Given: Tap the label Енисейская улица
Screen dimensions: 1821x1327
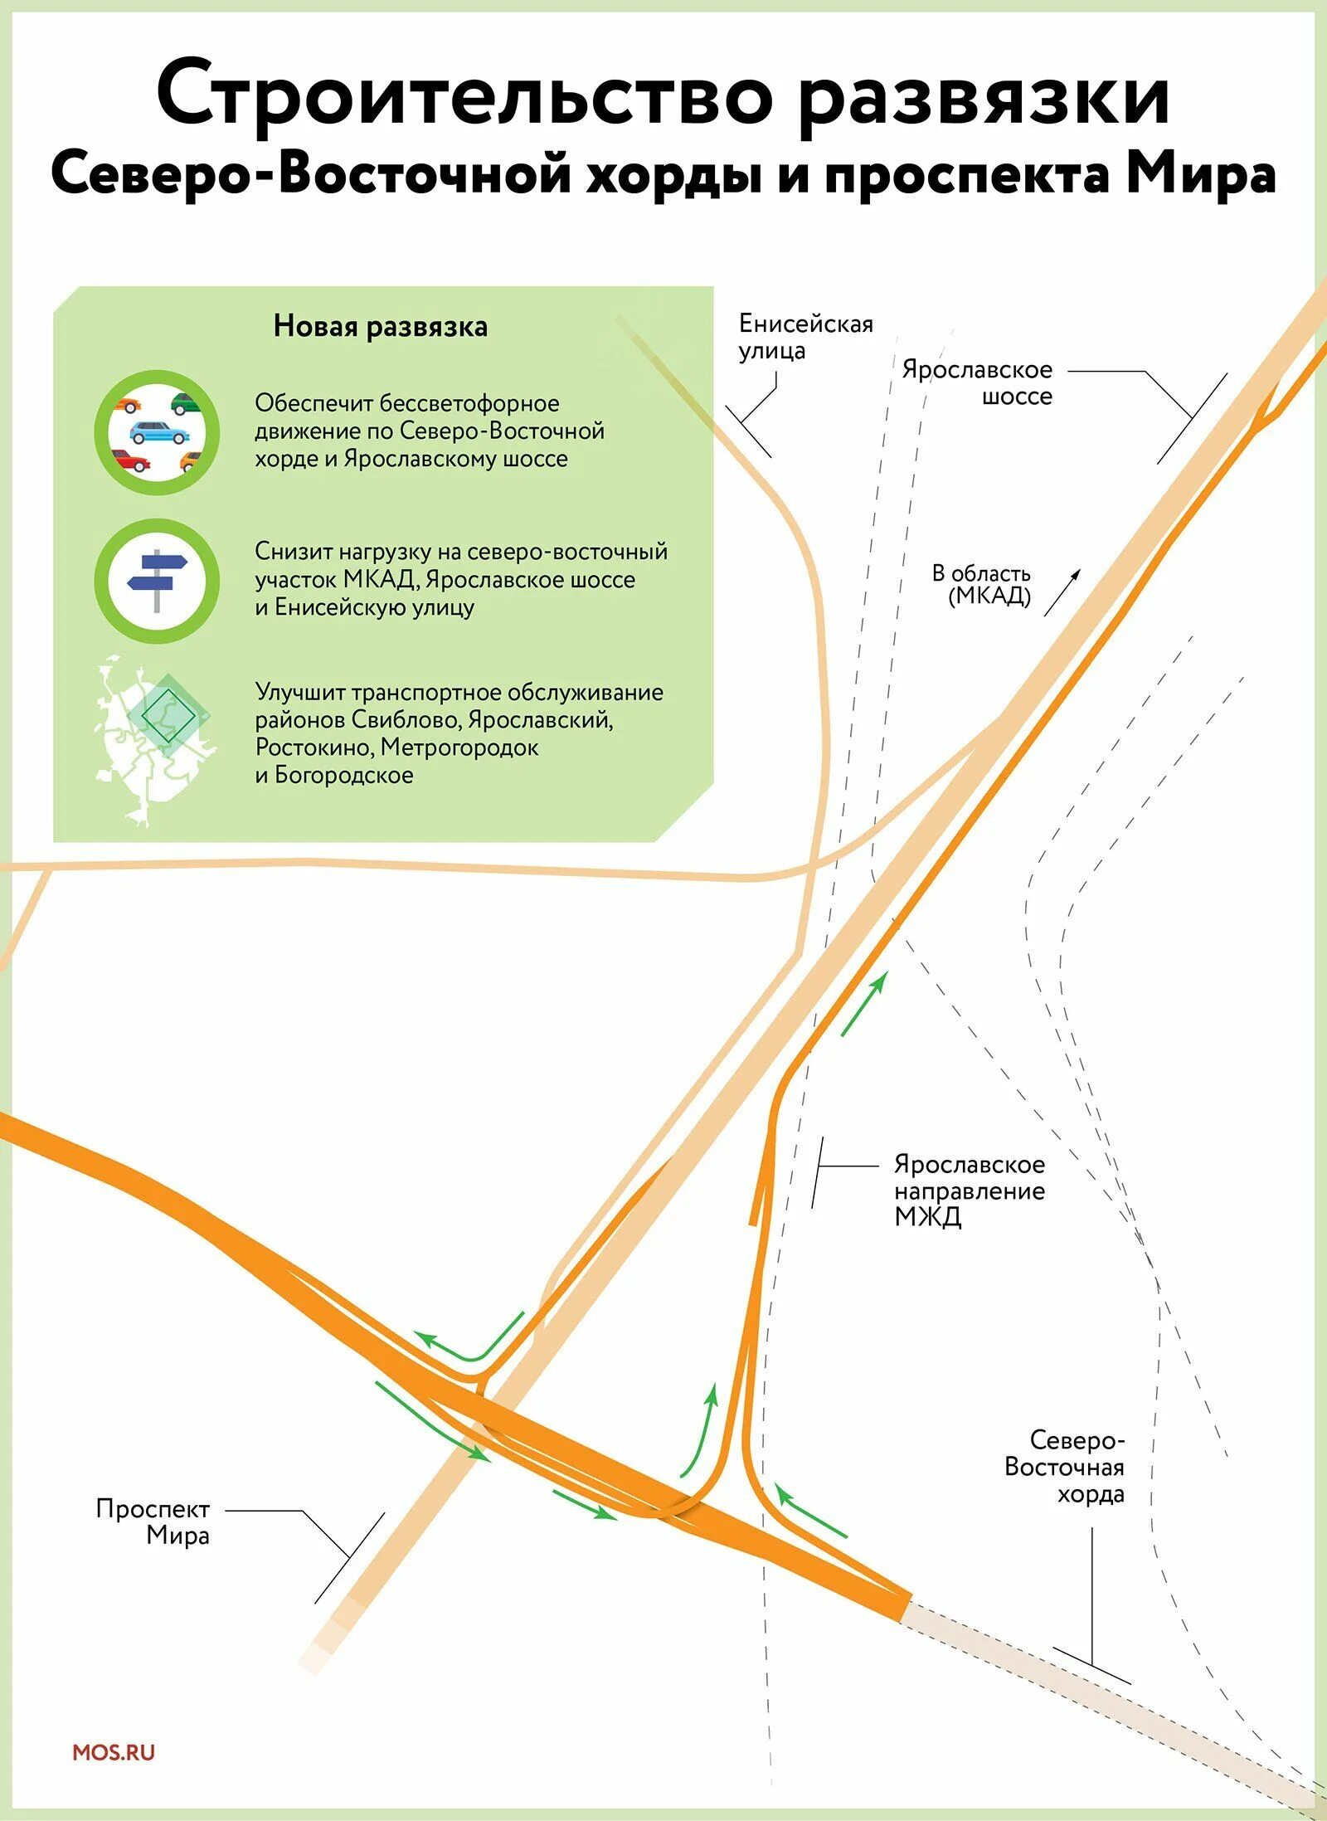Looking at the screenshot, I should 805,337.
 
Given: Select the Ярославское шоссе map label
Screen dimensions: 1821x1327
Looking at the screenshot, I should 977,382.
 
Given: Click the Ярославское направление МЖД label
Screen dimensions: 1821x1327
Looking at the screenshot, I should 969,1190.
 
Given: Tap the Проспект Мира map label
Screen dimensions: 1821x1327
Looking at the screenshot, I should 153,1522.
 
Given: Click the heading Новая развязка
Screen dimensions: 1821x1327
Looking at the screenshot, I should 381,327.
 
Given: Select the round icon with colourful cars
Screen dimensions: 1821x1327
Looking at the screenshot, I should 157,432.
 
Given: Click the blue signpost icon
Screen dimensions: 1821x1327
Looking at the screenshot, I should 157,580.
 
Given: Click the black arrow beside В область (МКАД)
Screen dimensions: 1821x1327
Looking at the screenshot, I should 1062,592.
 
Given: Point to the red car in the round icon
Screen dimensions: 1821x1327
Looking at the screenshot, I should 130,460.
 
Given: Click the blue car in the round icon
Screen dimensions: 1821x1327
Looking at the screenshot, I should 158,432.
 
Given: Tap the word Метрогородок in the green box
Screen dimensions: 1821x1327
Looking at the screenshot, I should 459,747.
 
